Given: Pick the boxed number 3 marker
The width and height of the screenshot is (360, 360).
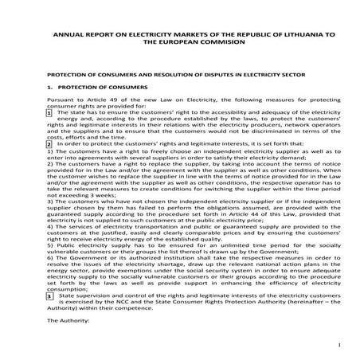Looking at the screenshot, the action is [49, 295].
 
